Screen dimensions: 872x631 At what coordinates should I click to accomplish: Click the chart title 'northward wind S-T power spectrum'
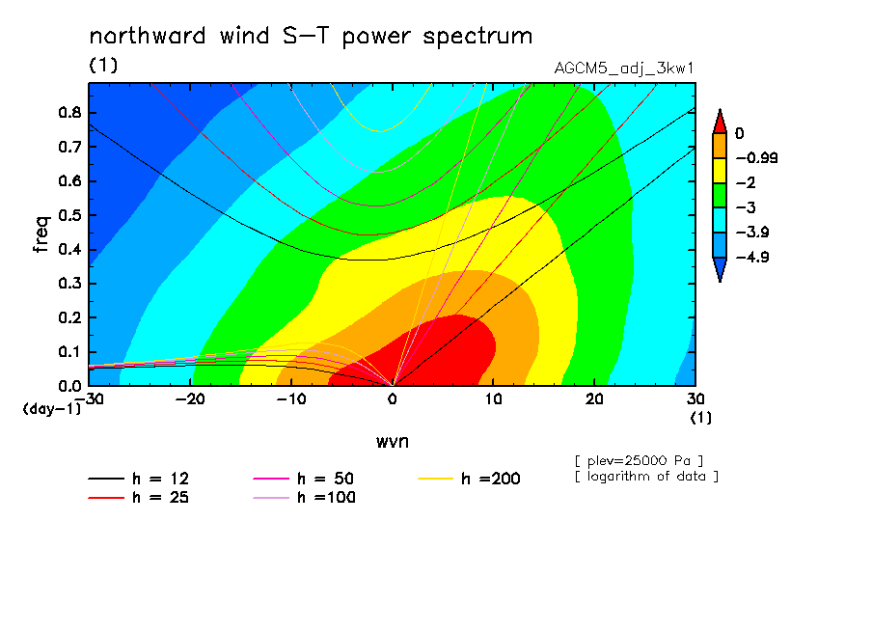[x=311, y=36]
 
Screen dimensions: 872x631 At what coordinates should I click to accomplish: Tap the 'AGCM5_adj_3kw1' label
[x=624, y=69]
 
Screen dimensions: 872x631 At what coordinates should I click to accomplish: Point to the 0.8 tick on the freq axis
[x=70, y=112]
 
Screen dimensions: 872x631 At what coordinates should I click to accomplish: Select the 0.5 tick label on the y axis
[x=70, y=215]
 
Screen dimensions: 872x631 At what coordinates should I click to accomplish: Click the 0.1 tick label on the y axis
[x=70, y=352]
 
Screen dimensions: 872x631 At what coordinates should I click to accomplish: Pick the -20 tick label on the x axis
[x=190, y=399]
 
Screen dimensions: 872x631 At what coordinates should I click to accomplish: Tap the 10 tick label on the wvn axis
[x=493, y=399]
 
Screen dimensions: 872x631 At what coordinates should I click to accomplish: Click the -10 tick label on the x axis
[x=291, y=399]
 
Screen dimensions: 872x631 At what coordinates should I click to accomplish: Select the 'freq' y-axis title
[x=41, y=233]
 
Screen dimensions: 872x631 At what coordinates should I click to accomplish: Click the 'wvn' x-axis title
[x=393, y=442]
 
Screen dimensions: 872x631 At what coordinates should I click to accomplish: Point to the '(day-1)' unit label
[x=52, y=409]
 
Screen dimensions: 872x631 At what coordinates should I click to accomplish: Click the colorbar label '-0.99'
[x=756, y=158]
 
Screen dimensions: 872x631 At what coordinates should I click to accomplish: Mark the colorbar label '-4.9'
[x=752, y=257]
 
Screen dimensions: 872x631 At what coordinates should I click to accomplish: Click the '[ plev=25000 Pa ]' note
[x=640, y=461]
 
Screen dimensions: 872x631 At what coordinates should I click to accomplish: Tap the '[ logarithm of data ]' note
[x=647, y=477]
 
